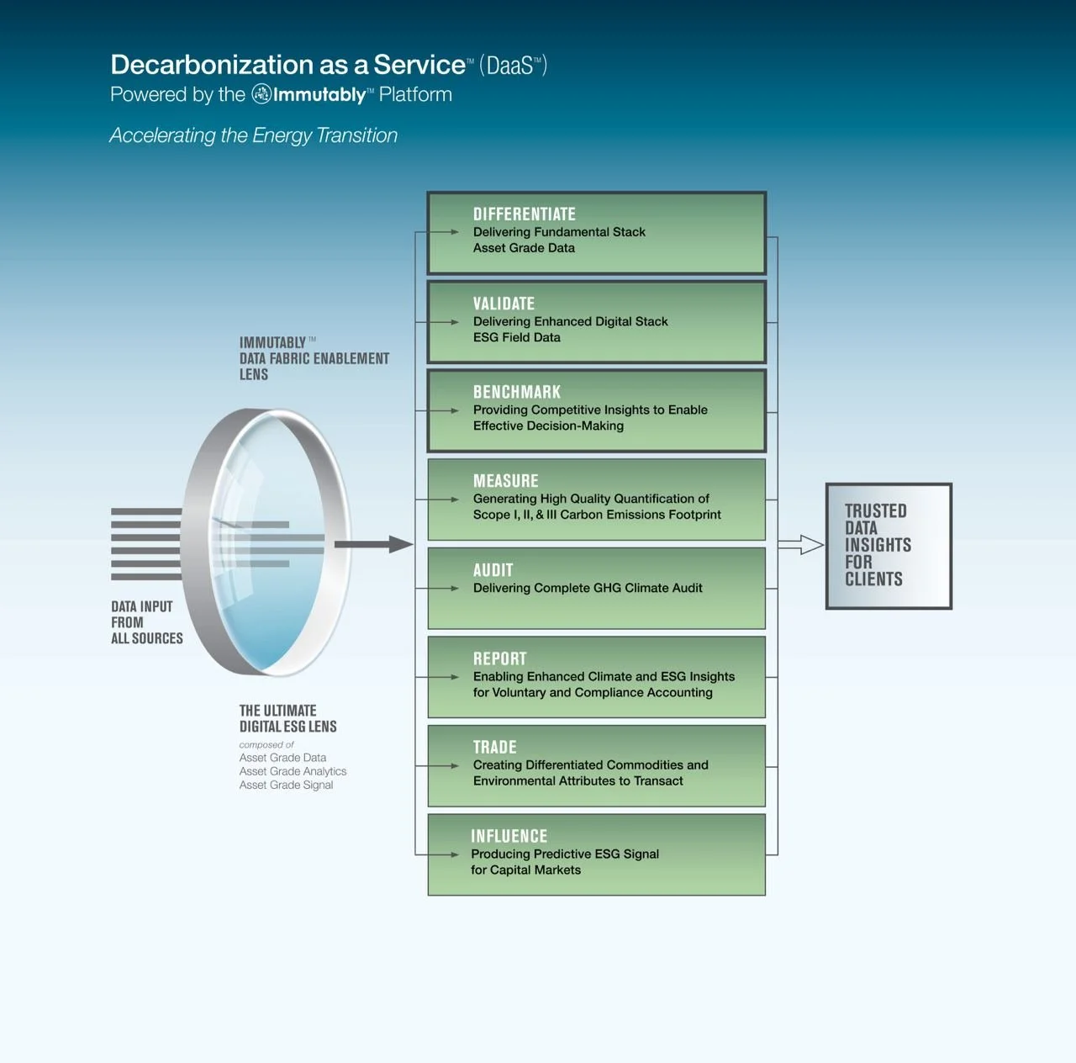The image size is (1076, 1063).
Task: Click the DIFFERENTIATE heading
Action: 524,214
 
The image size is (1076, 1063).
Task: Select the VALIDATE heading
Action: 504,304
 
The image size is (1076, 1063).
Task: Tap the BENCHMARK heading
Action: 516,392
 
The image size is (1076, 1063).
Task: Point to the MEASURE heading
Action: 505,481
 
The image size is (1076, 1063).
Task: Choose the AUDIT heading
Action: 493,570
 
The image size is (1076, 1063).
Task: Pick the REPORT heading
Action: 499,658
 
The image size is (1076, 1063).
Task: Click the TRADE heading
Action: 494,747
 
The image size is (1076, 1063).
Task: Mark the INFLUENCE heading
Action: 509,836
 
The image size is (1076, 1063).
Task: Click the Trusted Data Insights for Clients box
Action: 889,546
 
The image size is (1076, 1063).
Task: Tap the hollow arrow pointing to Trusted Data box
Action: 800,545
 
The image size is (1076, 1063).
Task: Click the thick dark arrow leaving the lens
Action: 373,544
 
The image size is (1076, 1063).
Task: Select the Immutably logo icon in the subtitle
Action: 261,94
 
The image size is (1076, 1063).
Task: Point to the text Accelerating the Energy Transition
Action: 253,135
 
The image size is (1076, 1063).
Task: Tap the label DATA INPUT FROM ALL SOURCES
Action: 146,622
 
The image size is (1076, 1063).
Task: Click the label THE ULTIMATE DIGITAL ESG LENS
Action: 287,718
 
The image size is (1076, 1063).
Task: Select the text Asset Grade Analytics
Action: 293,771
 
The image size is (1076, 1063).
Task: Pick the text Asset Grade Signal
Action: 286,785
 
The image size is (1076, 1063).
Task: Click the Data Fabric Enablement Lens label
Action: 314,358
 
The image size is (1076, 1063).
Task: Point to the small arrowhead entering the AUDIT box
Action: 454,589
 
